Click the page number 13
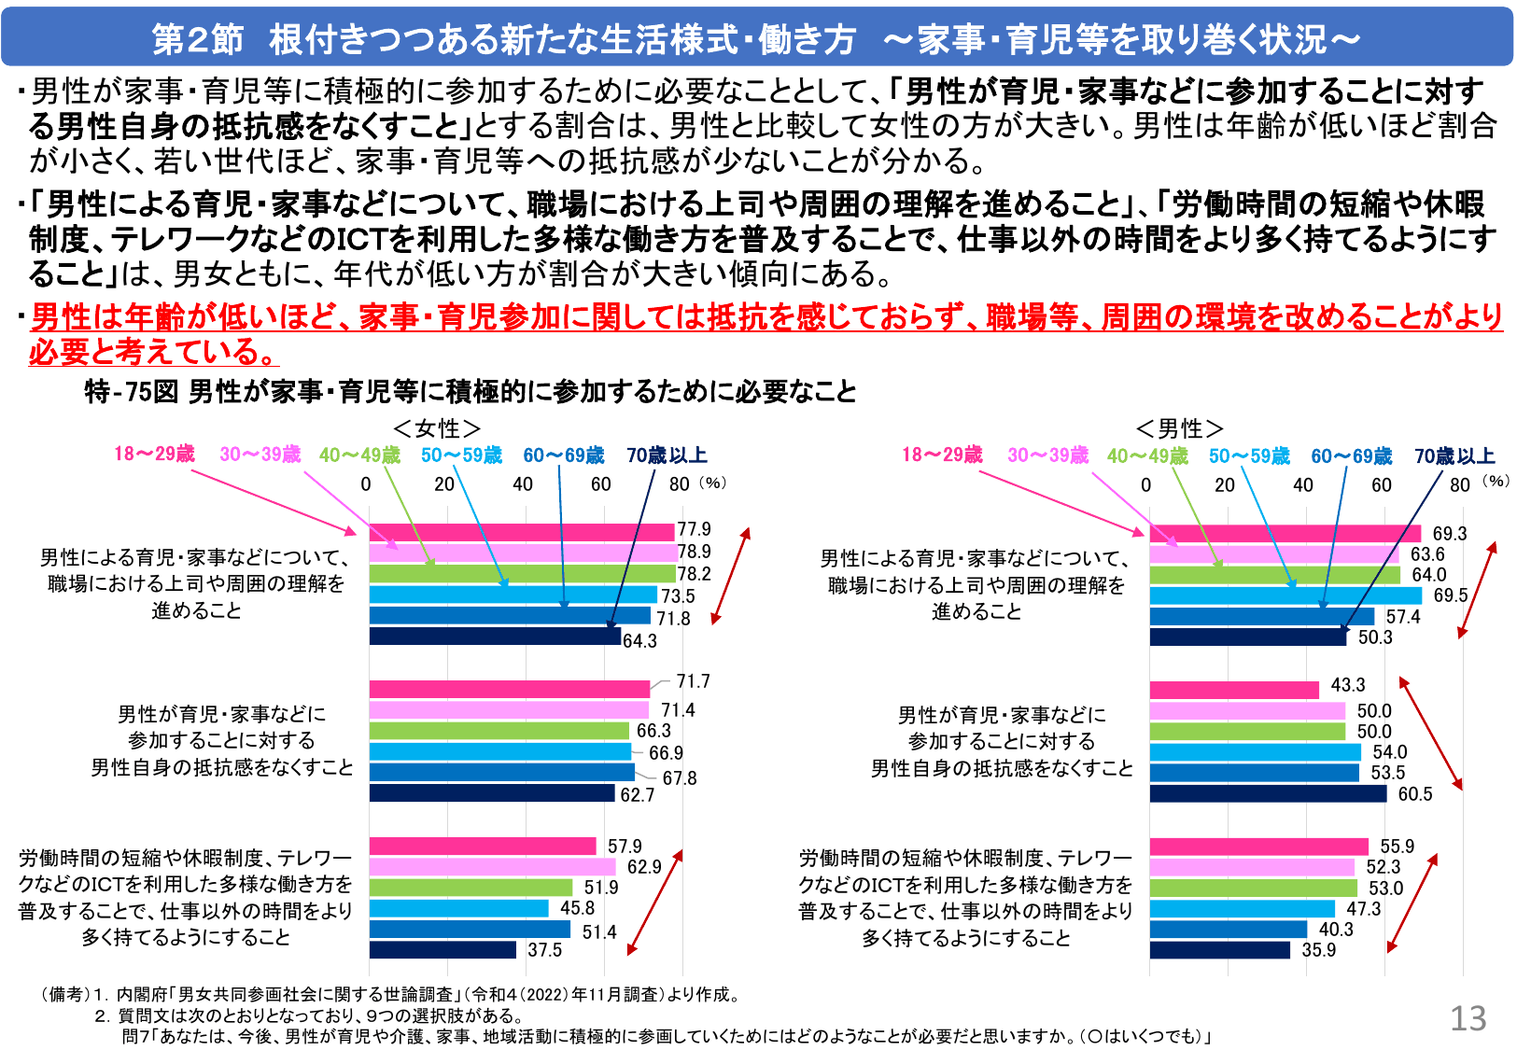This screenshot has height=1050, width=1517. pyautogui.click(x=1468, y=1018)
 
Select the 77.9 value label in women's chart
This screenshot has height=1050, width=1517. pyautogui.click(x=694, y=529)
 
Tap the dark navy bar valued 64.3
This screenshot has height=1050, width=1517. pyautogui.click(x=495, y=637)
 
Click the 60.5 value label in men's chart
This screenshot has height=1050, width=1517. pyautogui.click(x=1414, y=794)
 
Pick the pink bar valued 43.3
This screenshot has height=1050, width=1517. pyautogui.click(x=1233, y=690)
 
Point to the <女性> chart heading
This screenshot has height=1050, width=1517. pyautogui.click(x=437, y=428)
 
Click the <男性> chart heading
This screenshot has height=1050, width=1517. pyautogui.click(x=1179, y=428)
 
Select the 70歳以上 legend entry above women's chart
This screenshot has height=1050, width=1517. pyautogui.click(x=667, y=455)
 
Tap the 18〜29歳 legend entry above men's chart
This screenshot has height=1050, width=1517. pyautogui.click(x=942, y=455)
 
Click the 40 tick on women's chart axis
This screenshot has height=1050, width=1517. pyautogui.click(x=523, y=484)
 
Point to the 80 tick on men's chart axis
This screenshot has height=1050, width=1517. pyautogui.click(x=1460, y=484)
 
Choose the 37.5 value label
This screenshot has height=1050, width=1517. pyautogui.click(x=544, y=950)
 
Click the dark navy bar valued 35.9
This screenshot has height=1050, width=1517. pyautogui.click(x=1219, y=950)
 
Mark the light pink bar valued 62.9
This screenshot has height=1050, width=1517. pyautogui.click(x=492, y=867)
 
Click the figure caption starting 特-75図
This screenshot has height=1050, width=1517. pyautogui.click(x=471, y=392)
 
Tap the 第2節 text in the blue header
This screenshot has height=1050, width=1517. pyautogui.click(x=197, y=39)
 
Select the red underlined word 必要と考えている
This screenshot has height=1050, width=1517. pyautogui.click(x=154, y=352)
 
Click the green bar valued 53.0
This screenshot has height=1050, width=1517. pyautogui.click(x=1253, y=888)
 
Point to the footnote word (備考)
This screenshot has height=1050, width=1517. pyautogui.click(x=64, y=995)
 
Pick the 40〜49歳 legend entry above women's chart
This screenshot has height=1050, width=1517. pyautogui.click(x=359, y=455)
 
